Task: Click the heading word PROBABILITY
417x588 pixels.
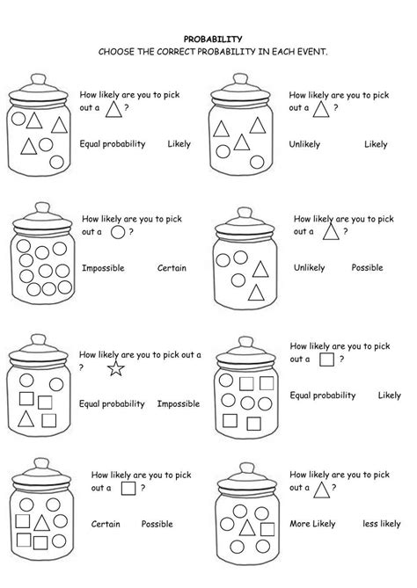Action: [x=208, y=40]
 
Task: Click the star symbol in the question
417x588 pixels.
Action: [x=114, y=368]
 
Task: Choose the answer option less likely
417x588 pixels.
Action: [x=382, y=524]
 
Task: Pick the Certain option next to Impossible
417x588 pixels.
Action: [x=172, y=267]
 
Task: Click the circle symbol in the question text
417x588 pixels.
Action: [x=118, y=233]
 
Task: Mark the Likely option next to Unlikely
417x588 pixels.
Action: [x=376, y=144]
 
